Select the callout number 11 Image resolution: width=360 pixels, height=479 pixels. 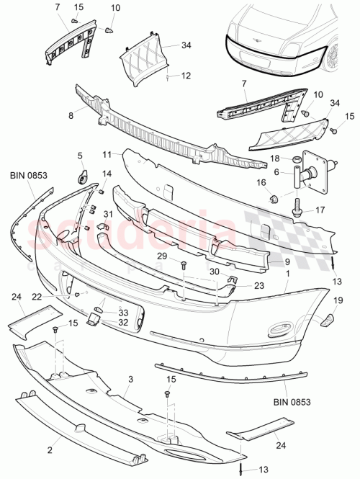(106, 154)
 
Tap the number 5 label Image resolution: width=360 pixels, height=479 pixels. (80, 155)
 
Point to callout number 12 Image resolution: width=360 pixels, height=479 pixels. (185, 75)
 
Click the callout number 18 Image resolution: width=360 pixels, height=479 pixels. (275, 158)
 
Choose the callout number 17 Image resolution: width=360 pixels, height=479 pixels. (320, 211)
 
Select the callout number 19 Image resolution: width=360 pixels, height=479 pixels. (337, 302)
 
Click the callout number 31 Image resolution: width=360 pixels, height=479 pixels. (109, 214)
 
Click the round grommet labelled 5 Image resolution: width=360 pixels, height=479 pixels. (82, 175)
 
